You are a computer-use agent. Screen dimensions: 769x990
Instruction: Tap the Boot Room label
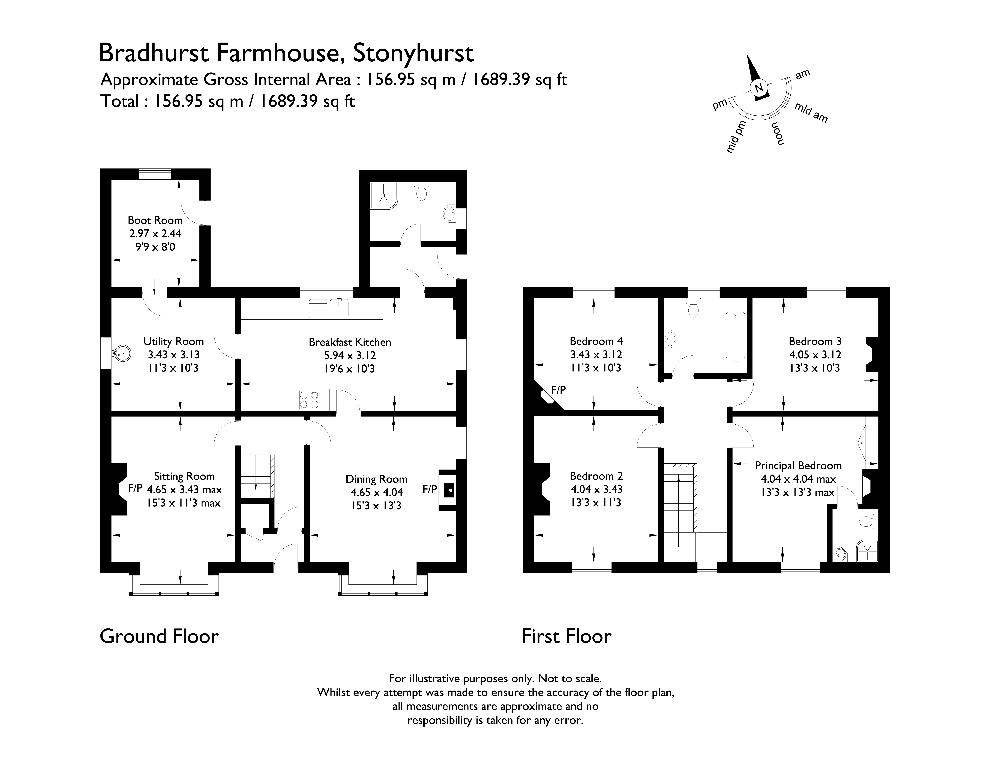155,220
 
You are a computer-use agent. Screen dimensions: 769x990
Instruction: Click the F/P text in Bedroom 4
558,390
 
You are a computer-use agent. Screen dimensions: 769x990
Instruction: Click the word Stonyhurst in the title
413,53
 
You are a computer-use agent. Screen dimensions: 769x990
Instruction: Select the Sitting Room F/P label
135,488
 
